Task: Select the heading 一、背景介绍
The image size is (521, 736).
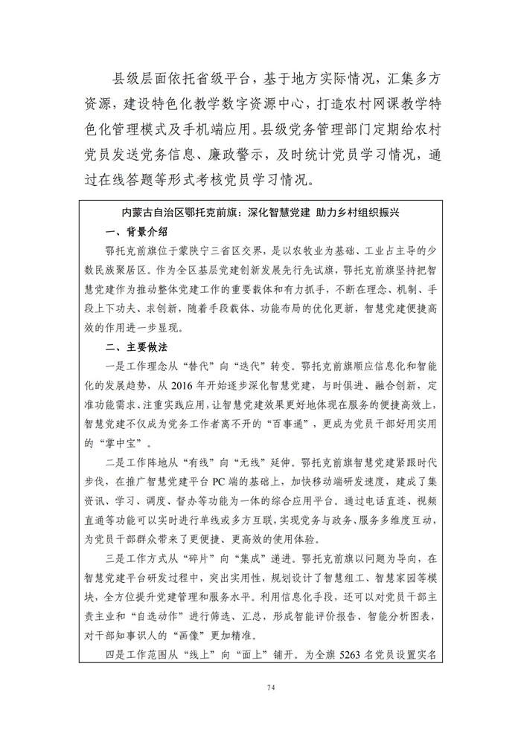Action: (x=138, y=230)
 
